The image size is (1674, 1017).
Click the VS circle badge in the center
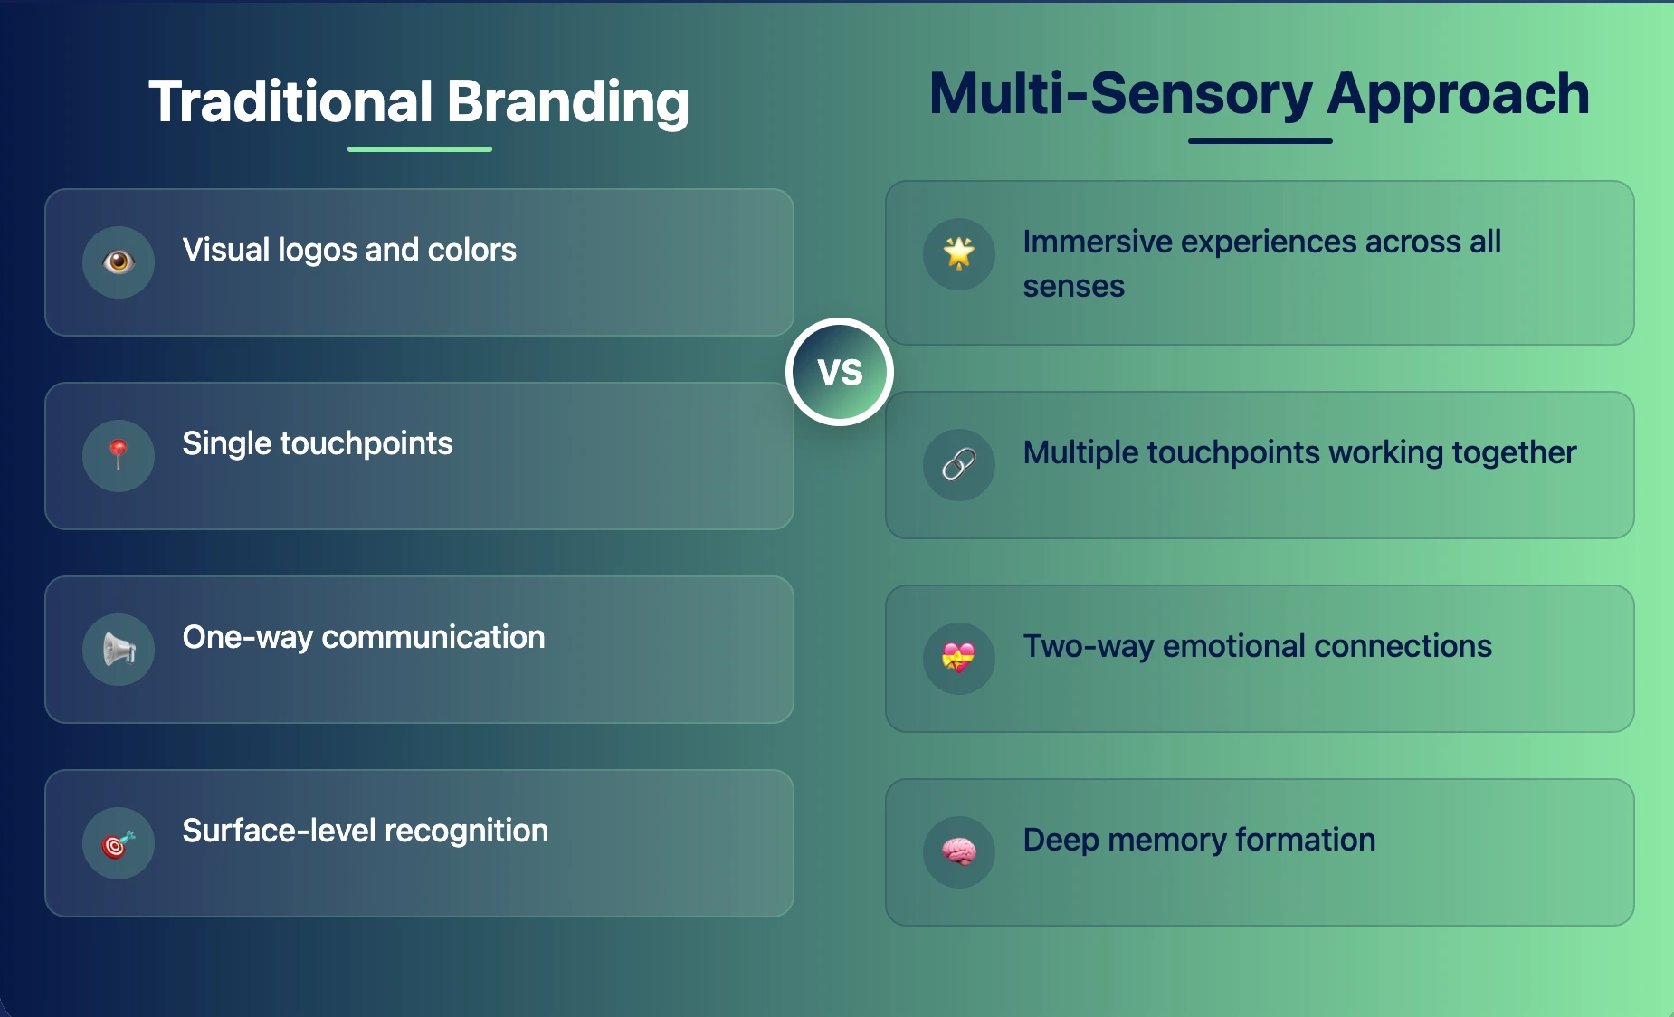(840, 372)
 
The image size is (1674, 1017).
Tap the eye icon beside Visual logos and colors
(119, 262)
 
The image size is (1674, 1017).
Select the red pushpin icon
(119, 455)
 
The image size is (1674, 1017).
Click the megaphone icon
(119, 649)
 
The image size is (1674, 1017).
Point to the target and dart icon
(119, 843)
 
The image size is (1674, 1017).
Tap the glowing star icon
(959, 253)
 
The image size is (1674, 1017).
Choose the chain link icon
(959, 465)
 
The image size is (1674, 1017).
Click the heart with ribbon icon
(959, 658)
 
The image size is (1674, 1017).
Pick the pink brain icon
(959, 851)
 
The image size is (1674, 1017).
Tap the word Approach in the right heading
(1458, 93)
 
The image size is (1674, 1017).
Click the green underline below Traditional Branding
(420, 149)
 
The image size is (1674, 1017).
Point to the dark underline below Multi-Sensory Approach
(1260, 141)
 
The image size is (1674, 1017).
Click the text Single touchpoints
(318, 443)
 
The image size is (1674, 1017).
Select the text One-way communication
(364, 637)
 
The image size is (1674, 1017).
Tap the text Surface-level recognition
(366, 831)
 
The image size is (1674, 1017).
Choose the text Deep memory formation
(1199, 840)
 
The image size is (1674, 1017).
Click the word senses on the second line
(1073, 287)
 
